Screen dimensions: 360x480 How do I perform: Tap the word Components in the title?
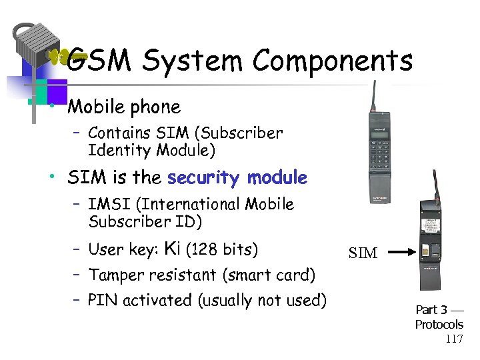pos(333,61)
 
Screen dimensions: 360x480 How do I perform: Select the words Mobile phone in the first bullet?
pos(124,107)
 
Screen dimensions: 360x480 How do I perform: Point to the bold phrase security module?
pos(237,178)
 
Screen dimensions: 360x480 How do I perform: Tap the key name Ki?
pos(171,249)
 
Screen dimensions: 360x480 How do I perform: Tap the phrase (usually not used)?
pos(263,300)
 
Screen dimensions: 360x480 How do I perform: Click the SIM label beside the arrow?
pos(363,253)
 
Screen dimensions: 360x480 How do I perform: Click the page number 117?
pos(454,339)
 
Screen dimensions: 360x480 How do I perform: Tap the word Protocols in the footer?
pos(439,325)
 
